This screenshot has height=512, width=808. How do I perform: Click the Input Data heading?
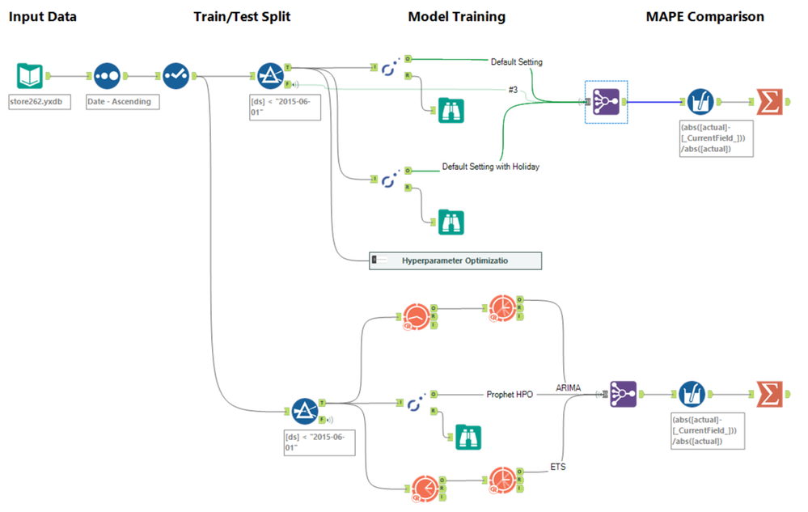point(43,16)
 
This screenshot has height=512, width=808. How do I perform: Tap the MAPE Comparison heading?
point(704,16)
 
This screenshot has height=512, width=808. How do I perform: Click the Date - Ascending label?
point(118,102)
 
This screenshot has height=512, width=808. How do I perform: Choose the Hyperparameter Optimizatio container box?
point(455,260)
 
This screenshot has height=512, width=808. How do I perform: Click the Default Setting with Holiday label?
point(490,167)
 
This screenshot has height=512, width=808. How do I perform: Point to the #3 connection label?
point(513,89)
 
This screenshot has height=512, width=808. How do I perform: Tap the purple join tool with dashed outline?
point(606,102)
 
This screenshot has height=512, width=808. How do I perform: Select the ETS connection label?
point(557,466)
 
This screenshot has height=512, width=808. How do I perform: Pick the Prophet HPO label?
point(510,395)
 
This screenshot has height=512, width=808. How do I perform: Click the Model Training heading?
point(456,16)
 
